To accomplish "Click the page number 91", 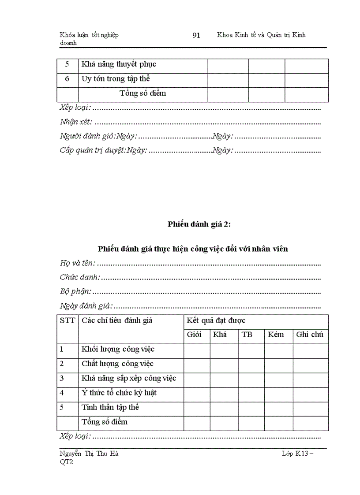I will click(196, 35).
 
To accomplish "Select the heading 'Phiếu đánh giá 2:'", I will click(199, 224).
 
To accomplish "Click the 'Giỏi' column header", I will click(194, 335).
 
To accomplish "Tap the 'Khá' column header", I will click(220, 335).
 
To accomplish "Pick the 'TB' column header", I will click(247, 335).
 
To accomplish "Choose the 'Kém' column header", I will click(276, 335).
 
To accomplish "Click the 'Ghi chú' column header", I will click(310, 335).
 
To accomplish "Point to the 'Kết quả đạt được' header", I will click(216, 320).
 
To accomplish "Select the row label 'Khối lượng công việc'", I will click(118, 350).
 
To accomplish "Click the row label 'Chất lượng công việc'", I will click(117, 364).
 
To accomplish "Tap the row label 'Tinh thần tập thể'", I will click(110, 407).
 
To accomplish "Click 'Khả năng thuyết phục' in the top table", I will click(119, 64).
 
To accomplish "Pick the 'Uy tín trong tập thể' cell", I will click(116, 79).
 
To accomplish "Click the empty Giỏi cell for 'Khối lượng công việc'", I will click(197, 351).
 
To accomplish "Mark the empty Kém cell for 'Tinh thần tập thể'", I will click(278, 409).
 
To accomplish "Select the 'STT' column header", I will click(67, 320).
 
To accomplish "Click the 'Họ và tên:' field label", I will click(78, 263).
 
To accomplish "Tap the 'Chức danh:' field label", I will click(80, 277).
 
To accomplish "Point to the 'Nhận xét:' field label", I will click(76, 122).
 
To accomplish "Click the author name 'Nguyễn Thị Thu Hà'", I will click(89, 454).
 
